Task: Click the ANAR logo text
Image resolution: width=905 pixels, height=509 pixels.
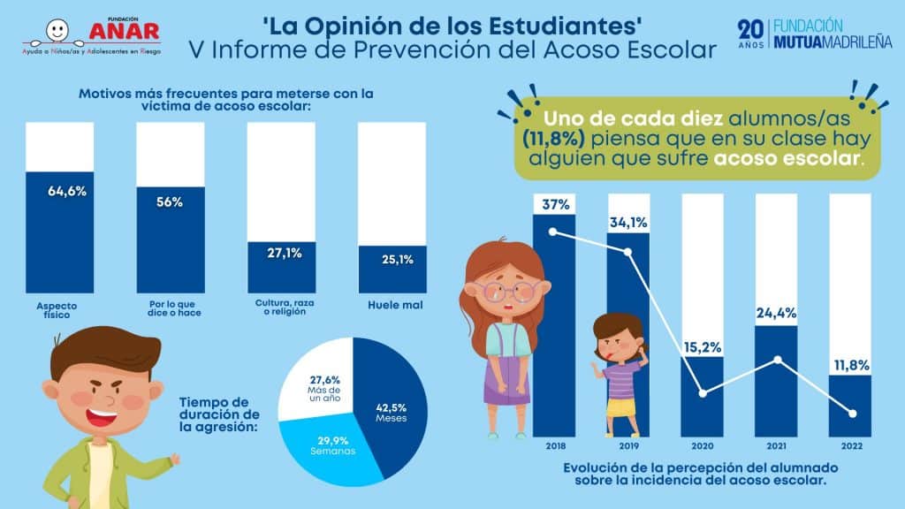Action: pyautogui.click(x=124, y=31)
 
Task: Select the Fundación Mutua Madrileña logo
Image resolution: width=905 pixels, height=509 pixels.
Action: pyautogui.click(x=814, y=34)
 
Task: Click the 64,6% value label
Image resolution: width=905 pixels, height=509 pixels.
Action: pyautogui.click(x=67, y=191)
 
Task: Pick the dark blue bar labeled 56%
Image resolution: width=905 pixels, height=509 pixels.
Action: pyautogui.click(x=171, y=239)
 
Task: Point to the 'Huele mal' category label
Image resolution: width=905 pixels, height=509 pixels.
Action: pyautogui.click(x=395, y=305)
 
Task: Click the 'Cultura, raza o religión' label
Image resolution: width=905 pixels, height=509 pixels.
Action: pyautogui.click(x=285, y=307)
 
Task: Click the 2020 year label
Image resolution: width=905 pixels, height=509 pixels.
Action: pyautogui.click(x=703, y=446)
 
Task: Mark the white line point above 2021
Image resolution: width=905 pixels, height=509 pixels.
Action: pyautogui.click(x=778, y=360)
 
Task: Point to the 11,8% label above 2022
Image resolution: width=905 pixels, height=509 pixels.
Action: pyautogui.click(x=851, y=365)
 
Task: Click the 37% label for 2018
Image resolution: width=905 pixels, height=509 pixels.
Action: pyautogui.click(x=556, y=204)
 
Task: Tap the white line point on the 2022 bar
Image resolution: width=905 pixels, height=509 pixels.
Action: pyautogui.click(x=853, y=414)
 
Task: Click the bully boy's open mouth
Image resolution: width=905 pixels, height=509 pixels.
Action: pyautogui.click(x=103, y=414)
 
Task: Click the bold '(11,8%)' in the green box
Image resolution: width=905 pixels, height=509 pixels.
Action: pyautogui.click(x=553, y=139)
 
